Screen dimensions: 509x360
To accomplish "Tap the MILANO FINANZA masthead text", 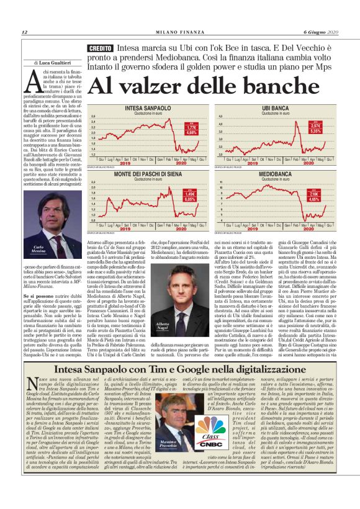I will (x=179, y=32).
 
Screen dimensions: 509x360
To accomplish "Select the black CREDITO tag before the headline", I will (x=101, y=48).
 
